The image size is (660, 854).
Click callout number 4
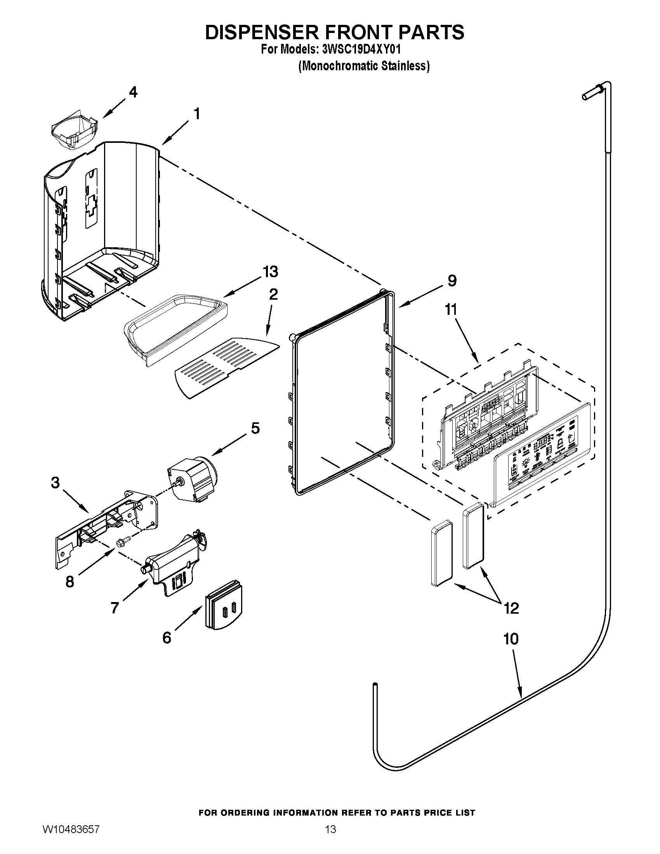133,92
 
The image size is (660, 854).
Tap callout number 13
270,271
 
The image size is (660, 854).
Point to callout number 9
452,280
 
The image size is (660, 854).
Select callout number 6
167,638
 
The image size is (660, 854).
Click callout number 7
115,608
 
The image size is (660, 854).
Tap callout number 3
56,483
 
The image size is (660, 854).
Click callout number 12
511,608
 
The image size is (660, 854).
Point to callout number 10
511,639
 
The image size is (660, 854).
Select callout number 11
451,310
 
